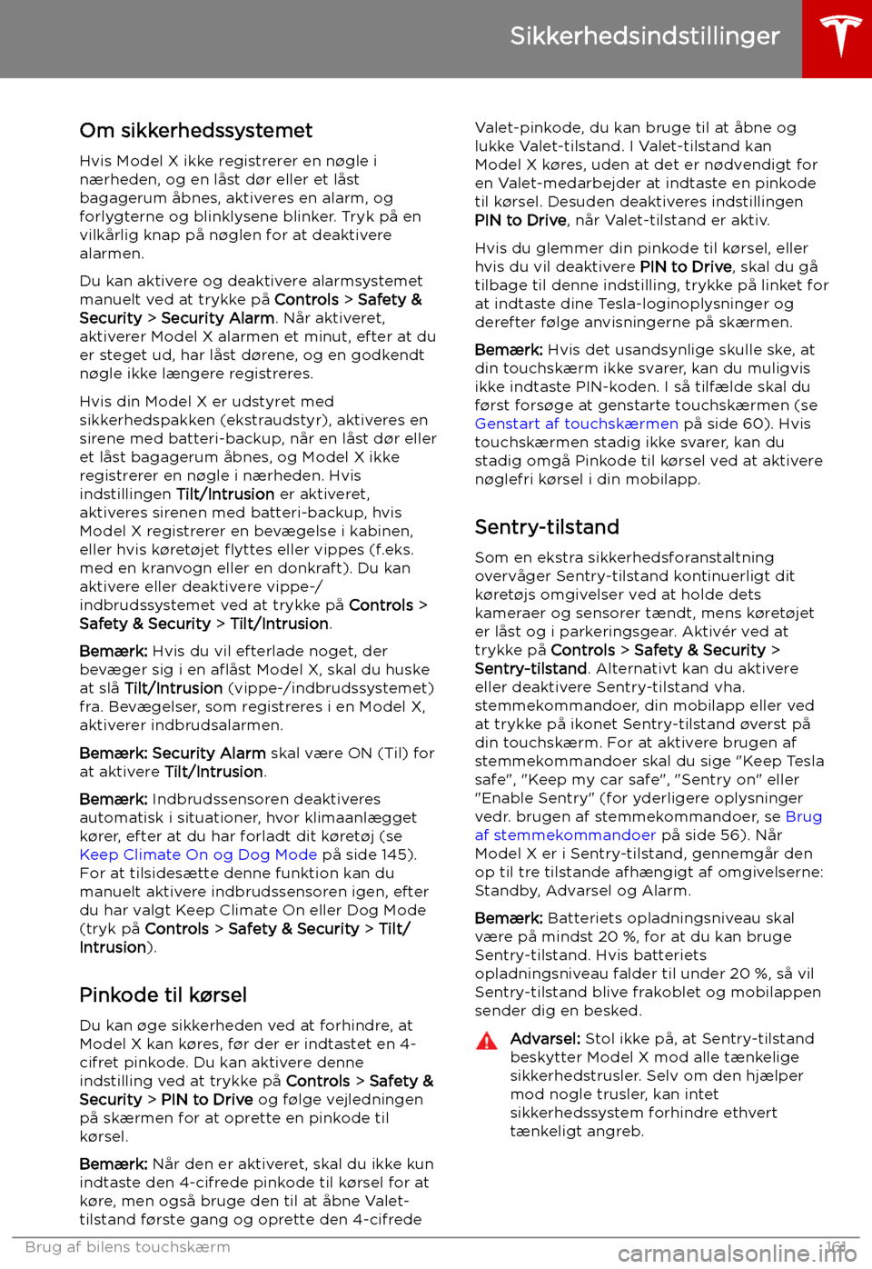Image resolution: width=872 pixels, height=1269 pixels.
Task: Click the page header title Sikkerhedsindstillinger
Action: click(x=644, y=36)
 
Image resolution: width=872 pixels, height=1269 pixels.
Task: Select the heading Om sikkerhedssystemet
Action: click(x=195, y=130)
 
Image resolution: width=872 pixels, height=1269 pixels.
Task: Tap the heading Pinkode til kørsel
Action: click(x=163, y=994)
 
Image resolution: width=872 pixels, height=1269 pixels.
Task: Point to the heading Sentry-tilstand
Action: click(x=547, y=527)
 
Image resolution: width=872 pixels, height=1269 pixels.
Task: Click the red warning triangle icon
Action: click(x=487, y=1041)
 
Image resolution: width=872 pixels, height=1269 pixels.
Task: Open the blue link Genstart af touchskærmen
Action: click(x=576, y=424)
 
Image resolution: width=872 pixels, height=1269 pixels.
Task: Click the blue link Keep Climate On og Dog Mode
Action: click(x=198, y=854)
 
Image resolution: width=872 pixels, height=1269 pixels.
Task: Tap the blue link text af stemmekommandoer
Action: click(x=565, y=834)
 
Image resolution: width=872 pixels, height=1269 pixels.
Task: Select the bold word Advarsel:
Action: click(x=545, y=1038)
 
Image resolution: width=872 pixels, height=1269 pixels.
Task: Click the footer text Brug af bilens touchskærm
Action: click(x=128, y=1247)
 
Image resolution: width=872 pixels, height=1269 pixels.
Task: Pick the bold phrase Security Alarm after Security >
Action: click(x=217, y=318)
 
